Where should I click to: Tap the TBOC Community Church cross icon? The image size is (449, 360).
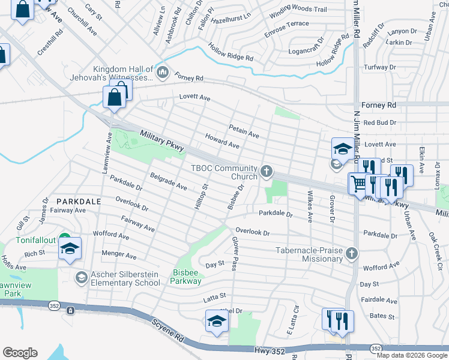pyautogui.click(x=267, y=172)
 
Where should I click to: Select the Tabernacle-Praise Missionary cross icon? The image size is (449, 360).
pyautogui.click(x=352, y=254)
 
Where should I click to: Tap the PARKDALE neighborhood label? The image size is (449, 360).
pyautogui.click(x=79, y=202)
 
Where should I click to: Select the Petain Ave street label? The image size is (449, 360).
pyautogui.click(x=244, y=131)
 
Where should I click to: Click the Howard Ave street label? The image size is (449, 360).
pyautogui.click(x=222, y=142)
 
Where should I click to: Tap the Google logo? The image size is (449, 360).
pyautogui.click(x=20, y=353)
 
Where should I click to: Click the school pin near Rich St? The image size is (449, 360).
pyautogui.click(x=70, y=249)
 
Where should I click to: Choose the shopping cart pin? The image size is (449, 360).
pyautogui.click(x=358, y=183)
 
